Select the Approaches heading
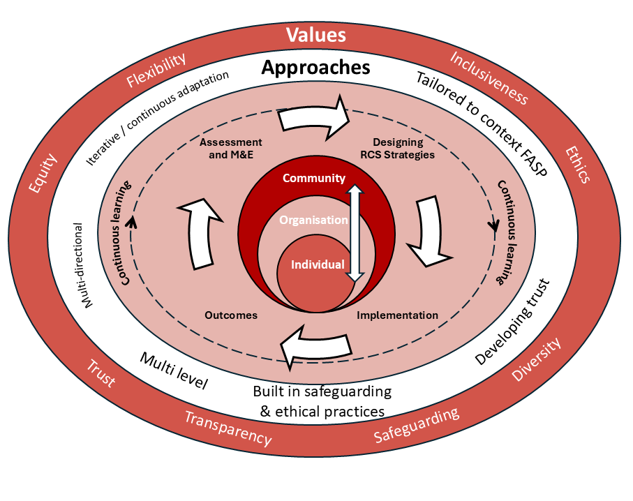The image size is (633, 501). click(x=315, y=68)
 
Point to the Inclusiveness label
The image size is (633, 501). click(x=488, y=77)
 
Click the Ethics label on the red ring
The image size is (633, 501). click(x=577, y=164)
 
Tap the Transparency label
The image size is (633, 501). click(x=228, y=427)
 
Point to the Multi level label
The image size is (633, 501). click(x=174, y=371)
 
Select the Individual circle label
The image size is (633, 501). click(x=318, y=264)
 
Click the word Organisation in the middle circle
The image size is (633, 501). click(x=313, y=220)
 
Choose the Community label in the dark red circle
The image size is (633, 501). click(x=313, y=178)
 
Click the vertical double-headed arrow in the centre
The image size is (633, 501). click(x=355, y=233)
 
